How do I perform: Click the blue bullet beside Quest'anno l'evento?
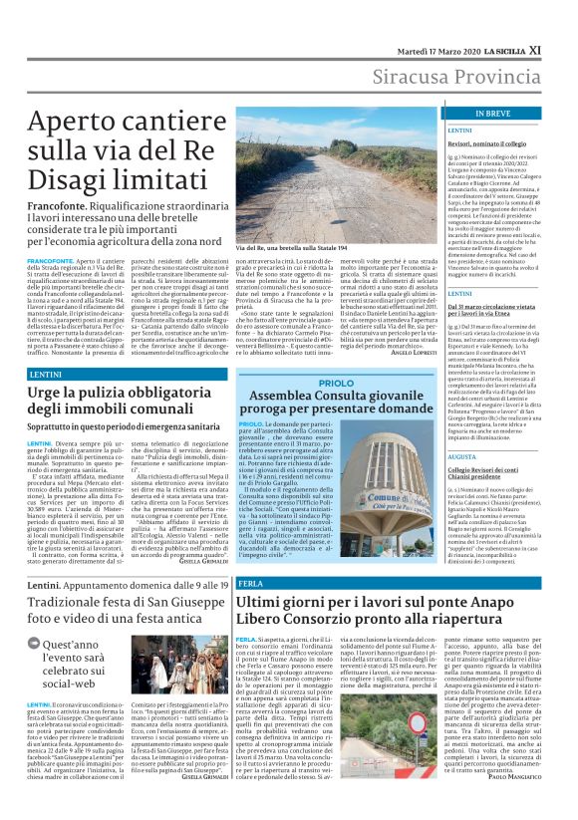click(35, 645)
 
